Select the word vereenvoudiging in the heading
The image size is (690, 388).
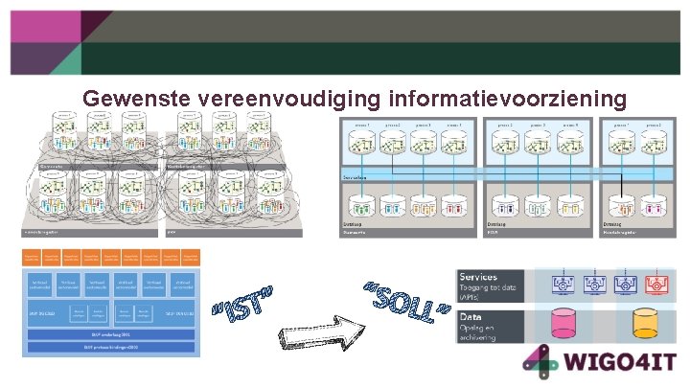[288, 99]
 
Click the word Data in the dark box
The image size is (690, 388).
[472, 316]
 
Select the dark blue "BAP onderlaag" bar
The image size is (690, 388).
[113, 335]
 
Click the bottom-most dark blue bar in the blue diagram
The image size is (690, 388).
[113, 348]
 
